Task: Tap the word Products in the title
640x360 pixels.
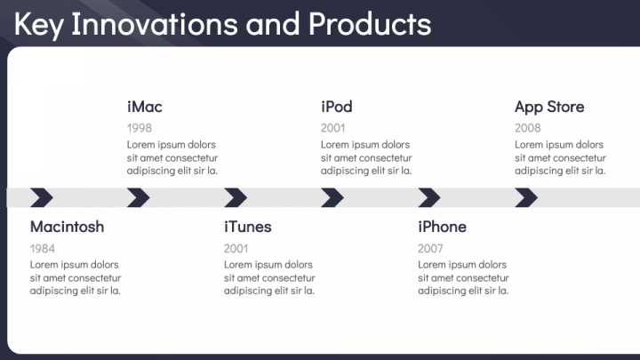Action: pos(370,24)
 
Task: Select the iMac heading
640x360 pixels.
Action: pos(145,107)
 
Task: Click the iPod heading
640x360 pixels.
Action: pos(337,107)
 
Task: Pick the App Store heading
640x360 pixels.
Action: pos(549,108)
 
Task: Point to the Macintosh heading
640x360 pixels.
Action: pos(67,227)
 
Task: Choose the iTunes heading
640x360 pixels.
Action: pos(248,227)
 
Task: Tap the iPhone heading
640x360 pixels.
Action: pos(442,227)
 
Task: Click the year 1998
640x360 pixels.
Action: pos(140,128)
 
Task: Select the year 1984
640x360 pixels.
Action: pos(43,249)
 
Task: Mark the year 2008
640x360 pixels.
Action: pos(528,128)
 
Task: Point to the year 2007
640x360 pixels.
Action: pos(430,249)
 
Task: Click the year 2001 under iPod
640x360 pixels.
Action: pos(333,128)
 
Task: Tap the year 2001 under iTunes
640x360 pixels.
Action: pos(236,249)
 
